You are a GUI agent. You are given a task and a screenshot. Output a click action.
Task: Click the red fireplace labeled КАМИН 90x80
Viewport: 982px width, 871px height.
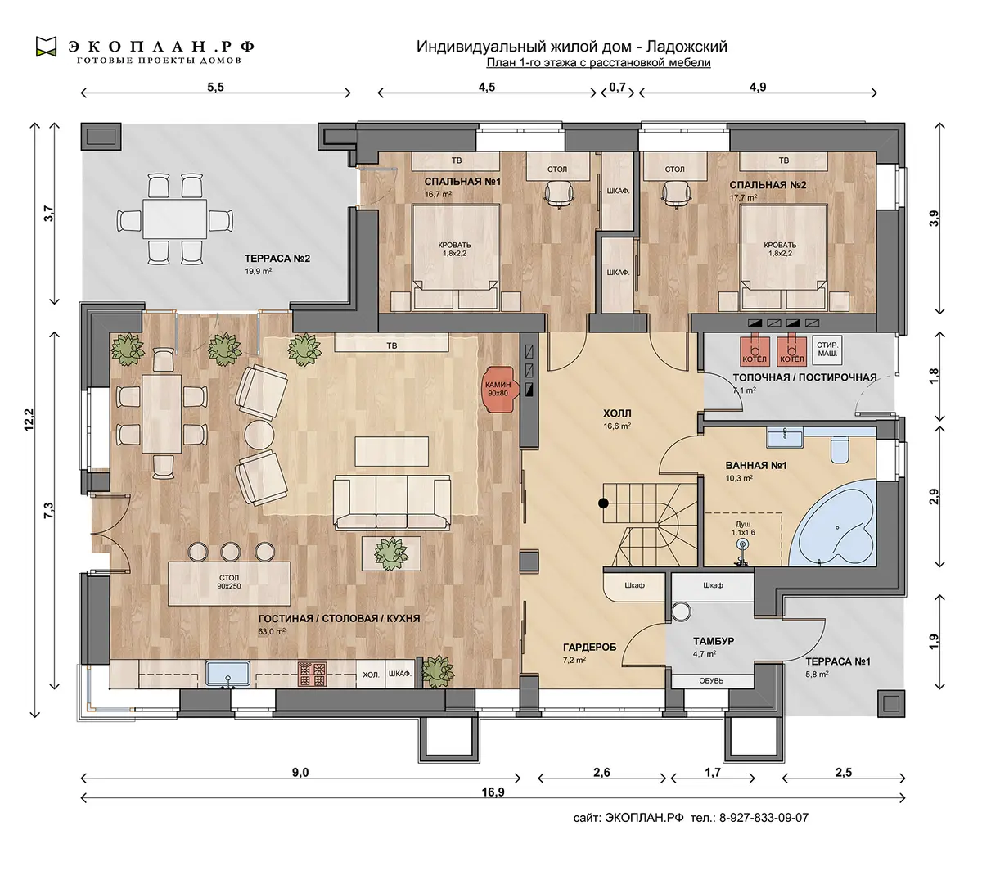click(x=500, y=389)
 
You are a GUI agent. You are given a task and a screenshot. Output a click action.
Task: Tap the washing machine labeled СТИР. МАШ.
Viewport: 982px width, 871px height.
click(x=827, y=350)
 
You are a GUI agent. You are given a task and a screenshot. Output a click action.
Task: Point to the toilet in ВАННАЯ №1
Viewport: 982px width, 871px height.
click(x=839, y=449)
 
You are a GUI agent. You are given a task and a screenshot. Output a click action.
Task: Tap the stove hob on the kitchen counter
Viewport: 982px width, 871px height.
click(x=312, y=674)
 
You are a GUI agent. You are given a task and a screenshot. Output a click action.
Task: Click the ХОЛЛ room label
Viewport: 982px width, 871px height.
click(x=616, y=413)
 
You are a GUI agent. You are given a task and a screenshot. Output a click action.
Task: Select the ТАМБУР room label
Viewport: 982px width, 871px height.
click(x=713, y=641)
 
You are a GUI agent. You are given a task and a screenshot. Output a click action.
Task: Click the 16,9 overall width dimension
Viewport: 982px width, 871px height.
click(x=493, y=792)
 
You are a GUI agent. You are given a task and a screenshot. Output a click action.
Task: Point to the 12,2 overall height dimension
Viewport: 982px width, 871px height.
click(x=29, y=419)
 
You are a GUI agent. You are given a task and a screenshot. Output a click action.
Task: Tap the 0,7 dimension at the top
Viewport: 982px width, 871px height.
click(x=617, y=88)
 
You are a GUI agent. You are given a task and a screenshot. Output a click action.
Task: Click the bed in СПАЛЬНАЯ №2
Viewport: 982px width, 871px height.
click(x=784, y=257)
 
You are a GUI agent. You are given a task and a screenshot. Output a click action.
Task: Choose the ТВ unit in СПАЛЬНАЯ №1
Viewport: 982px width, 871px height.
click(x=456, y=161)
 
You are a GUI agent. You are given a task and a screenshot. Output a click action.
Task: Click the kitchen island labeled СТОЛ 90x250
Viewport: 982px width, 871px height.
click(x=229, y=584)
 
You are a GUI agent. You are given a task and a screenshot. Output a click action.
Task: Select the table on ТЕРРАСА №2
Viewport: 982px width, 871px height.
click(x=174, y=219)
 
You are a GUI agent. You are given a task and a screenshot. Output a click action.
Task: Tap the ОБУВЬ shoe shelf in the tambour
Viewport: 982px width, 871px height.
click(x=711, y=681)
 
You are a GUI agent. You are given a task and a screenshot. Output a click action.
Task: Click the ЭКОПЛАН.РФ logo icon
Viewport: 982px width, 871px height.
click(x=46, y=47)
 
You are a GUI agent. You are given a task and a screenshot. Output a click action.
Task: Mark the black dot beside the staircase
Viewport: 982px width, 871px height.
click(x=603, y=503)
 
